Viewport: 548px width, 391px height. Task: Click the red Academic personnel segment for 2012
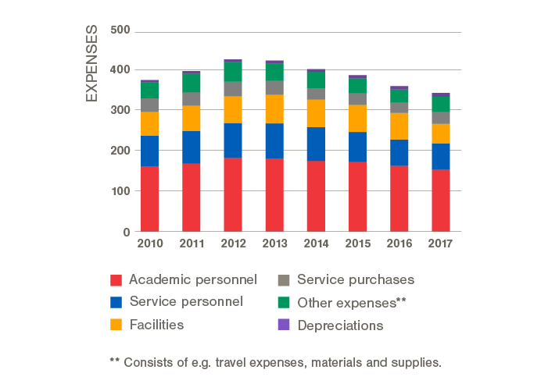[233, 194]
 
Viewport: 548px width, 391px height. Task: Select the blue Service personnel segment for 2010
[149, 151]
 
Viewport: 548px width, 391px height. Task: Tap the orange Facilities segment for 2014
[317, 113]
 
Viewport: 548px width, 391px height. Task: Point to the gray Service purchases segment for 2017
[442, 118]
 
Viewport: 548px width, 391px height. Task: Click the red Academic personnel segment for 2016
[399, 198]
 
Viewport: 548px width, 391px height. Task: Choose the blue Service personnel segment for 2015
[358, 147]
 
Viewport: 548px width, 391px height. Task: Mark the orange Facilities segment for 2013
[274, 109]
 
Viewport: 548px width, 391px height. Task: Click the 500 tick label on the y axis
[120, 31]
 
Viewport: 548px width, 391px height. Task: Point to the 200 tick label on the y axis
[120, 151]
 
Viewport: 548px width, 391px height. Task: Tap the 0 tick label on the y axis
[126, 232]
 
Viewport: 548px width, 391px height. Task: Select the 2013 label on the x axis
[274, 244]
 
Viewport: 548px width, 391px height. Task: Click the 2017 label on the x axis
[442, 244]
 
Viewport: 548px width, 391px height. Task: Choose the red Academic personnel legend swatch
[117, 279]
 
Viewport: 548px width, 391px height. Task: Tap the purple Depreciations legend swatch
[284, 325]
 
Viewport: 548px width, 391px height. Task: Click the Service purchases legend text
[356, 279]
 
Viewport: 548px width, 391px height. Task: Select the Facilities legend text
[156, 325]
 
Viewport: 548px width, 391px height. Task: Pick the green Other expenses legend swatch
[284, 302]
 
